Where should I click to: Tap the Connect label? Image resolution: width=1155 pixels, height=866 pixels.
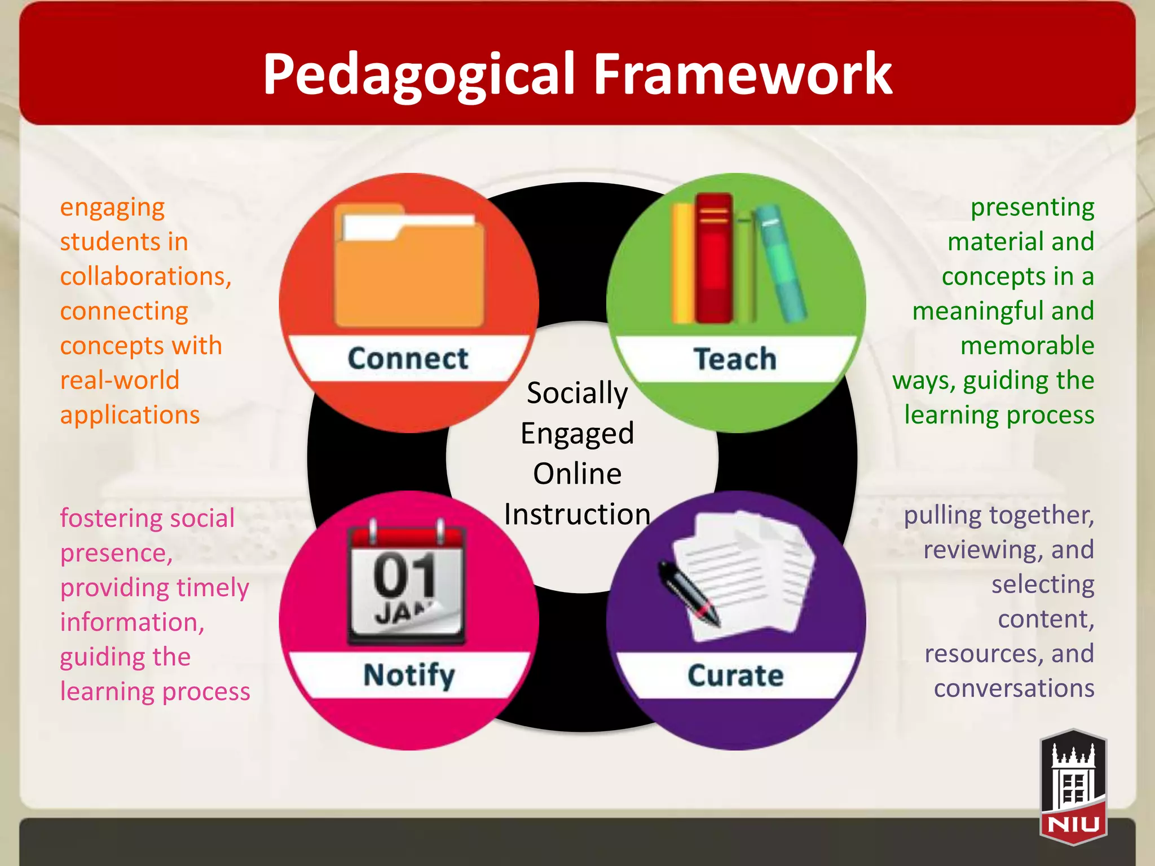408,359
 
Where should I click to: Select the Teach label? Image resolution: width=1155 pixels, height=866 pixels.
735,359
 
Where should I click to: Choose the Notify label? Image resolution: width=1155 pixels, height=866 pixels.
409,675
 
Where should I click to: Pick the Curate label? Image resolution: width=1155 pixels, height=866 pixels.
735,675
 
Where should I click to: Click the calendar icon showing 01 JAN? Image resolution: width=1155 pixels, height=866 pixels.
406,584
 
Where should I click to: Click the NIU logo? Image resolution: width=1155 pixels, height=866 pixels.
1073,787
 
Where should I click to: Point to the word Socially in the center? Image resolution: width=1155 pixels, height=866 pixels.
577,393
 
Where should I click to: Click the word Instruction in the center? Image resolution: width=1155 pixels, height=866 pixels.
577,514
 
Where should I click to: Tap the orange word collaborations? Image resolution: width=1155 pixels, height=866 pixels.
146,276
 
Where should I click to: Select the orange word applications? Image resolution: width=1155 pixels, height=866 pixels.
130,415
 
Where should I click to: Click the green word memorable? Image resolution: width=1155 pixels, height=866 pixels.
1027,346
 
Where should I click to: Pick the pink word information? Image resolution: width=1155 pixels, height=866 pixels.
132,622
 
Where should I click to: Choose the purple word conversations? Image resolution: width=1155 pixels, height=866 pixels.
1013,688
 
